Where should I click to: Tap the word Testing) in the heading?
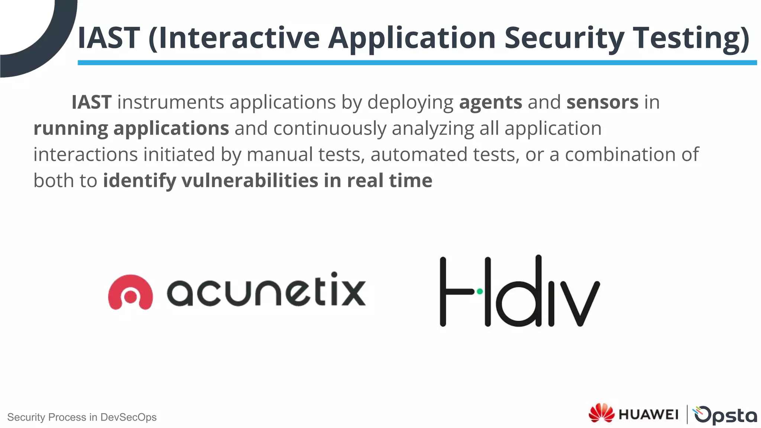coord(691,38)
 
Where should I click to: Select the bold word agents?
coord(490,103)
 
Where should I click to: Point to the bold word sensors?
coord(602,103)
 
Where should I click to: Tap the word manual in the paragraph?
coord(279,155)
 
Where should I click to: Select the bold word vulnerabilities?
coord(249,181)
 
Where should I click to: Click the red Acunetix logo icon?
coord(130,292)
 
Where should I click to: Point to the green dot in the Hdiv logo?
coord(480,292)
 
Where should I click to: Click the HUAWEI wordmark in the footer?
coord(648,414)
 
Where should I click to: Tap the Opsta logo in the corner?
coord(725,415)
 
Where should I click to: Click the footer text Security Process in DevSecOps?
coord(82,417)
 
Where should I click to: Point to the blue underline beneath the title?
coord(416,63)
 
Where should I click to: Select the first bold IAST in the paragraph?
coord(91,103)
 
